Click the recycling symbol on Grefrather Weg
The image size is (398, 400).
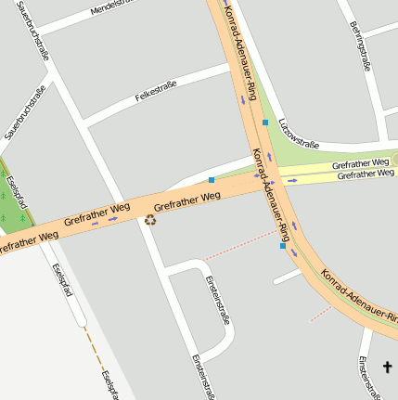coord(149,220)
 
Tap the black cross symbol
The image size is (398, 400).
coord(388,368)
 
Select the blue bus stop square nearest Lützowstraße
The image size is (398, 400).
coord(265,123)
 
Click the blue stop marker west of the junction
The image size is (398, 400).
coord(212,180)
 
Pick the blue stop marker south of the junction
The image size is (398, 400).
coord(283,246)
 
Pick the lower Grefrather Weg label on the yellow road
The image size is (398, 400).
coord(364,174)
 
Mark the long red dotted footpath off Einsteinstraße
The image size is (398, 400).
coord(239,244)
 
